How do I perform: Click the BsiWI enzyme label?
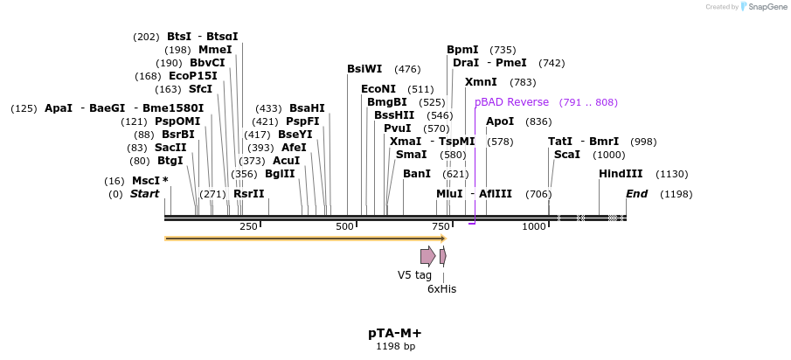pos(364,69)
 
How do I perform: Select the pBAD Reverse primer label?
pos(511,102)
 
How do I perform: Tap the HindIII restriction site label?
pos(621,174)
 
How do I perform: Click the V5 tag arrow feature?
pos(427,255)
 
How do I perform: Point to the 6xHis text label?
pos(441,288)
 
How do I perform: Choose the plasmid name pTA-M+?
pos(395,334)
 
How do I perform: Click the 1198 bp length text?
pos(395,347)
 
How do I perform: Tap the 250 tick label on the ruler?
pos(248,227)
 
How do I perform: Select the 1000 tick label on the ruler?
pos(534,227)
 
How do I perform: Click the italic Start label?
pos(144,193)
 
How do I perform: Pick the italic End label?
pos(636,193)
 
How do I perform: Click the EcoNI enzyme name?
pos(378,89)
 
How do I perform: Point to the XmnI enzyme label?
pos(481,82)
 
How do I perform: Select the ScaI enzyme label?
pos(566,155)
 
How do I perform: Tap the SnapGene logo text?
pos(767,7)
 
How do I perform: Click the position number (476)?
pos(407,69)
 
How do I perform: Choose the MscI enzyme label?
pos(146,181)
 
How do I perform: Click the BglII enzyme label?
pos(280,174)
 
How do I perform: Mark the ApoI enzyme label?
pos(500,121)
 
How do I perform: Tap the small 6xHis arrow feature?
pos(443,255)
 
